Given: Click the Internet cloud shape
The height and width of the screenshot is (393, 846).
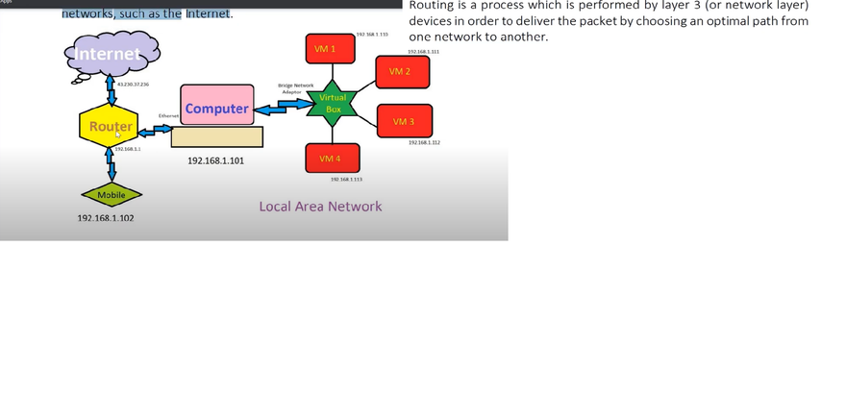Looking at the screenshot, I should coord(109,54).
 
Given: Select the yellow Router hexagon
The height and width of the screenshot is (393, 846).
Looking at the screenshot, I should coord(111,127).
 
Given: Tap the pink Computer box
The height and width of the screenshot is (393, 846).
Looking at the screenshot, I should coord(216,109).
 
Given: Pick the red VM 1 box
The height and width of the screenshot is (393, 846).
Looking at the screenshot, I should coord(325,49).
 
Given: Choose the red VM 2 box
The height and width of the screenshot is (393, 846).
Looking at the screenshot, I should coord(400,72).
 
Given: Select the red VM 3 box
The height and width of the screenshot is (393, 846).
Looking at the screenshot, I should coord(404,122).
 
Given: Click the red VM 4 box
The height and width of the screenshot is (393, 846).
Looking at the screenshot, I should coord(330,159).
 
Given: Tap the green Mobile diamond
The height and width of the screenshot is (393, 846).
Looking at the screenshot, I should coord(112,195).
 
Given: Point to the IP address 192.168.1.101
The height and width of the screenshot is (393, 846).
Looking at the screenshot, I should coord(215,161).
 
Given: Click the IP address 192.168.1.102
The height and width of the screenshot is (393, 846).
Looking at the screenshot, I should coord(105,218).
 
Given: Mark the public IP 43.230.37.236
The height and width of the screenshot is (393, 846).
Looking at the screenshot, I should coord(133,85).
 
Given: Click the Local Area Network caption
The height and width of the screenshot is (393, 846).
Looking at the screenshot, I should coord(320,207).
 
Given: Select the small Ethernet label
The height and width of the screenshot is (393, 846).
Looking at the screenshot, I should coord(168,115).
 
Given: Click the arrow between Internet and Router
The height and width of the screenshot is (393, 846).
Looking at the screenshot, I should coord(111,92).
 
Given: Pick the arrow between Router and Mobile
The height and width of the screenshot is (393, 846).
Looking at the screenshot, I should coord(112,166).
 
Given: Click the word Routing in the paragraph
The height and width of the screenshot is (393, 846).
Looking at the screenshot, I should coord(432,6).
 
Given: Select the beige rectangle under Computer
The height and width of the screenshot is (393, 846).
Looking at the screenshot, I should coord(216,136).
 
